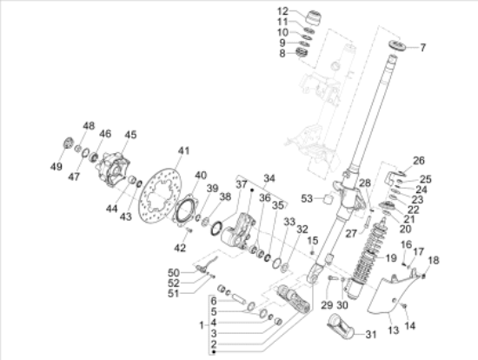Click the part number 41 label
[184, 150]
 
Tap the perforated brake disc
[159, 197]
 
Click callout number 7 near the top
[422, 48]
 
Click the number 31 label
[371, 335]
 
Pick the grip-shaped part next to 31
[341, 326]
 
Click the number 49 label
[56, 167]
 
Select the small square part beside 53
[328, 198]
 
